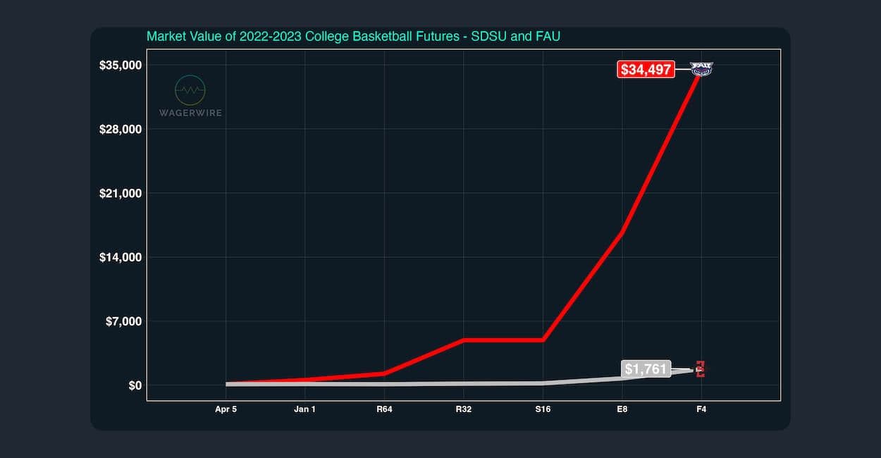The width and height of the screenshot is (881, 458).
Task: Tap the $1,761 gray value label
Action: click(646, 369)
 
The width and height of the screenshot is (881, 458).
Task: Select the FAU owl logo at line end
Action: click(701, 68)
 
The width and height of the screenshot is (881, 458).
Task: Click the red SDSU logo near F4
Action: click(701, 369)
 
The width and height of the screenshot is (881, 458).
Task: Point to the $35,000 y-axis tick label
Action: click(121, 66)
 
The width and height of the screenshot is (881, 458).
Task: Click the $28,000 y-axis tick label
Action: click(121, 130)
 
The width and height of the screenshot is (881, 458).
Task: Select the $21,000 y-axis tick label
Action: click(121, 194)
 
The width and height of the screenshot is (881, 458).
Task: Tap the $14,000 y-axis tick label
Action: click(121, 257)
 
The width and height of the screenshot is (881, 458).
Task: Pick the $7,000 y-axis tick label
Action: click(124, 321)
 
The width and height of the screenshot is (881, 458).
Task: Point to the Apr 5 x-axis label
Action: click(226, 409)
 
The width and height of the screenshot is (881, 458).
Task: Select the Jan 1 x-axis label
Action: click(304, 409)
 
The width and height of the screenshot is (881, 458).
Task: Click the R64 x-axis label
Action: click(384, 409)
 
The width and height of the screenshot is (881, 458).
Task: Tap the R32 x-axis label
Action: click(463, 409)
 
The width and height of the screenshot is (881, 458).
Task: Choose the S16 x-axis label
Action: click(543, 409)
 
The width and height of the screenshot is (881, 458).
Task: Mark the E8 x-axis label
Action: click(622, 409)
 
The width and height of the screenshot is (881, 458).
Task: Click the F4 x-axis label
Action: click(701, 409)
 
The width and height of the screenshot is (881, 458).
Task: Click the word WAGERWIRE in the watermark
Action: click(190, 113)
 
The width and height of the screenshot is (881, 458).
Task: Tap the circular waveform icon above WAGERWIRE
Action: click(190, 90)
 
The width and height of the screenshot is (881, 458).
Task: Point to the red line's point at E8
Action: click(622, 233)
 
